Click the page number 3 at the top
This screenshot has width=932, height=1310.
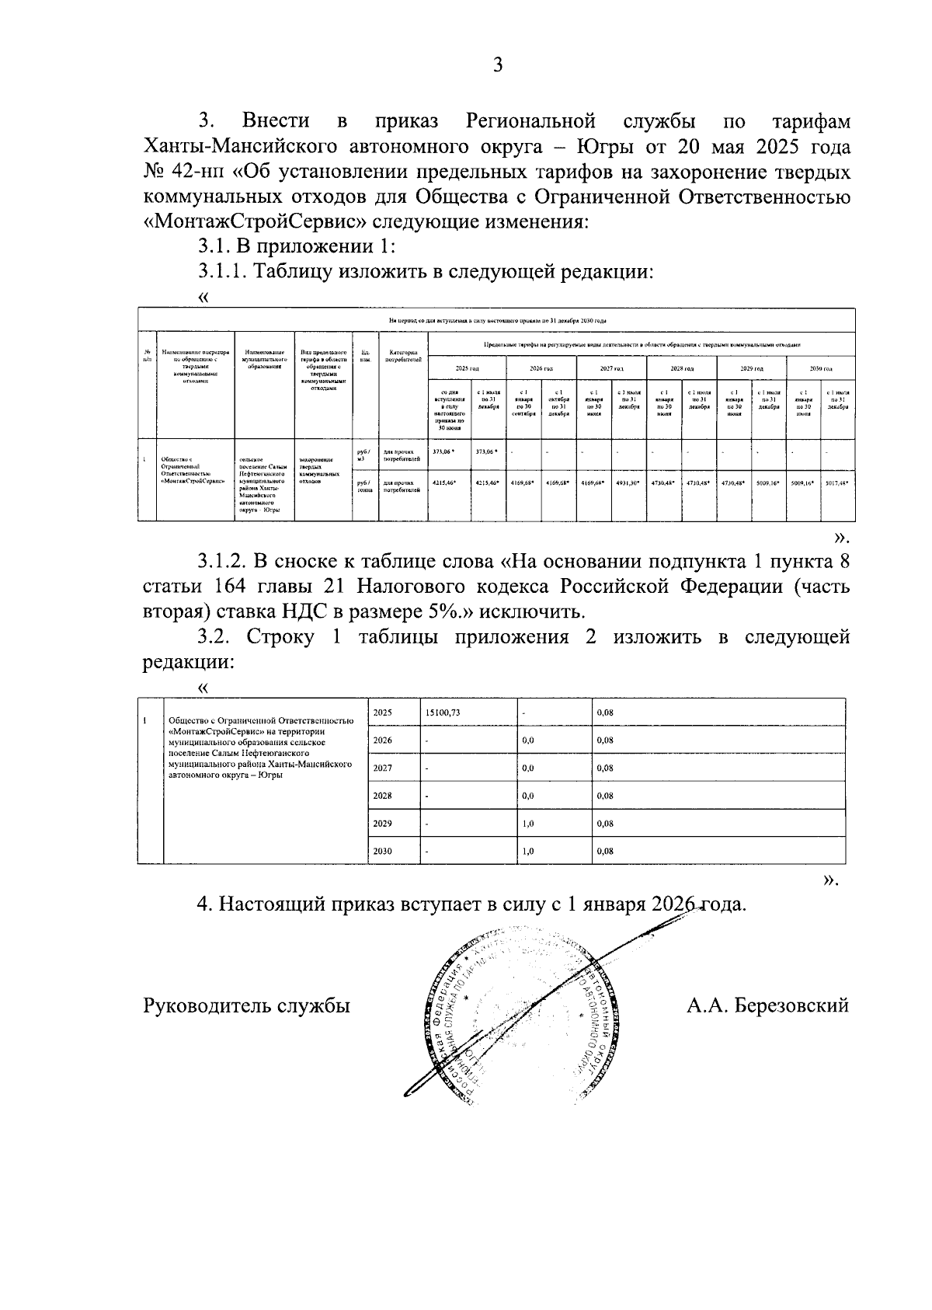pyautogui.click(x=498, y=65)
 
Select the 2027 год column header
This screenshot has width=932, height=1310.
pyautogui.click(x=610, y=368)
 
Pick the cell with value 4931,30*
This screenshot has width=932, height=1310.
pyautogui.click(x=628, y=483)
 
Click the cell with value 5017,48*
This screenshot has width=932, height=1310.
pyautogui.click(x=837, y=483)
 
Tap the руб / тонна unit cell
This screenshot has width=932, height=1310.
pyautogui.click(x=364, y=486)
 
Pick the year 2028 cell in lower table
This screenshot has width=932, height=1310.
pyautogui.click(x=382, y=796)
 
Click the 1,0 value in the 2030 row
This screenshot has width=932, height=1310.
pyautogui.click(x=528, y=851)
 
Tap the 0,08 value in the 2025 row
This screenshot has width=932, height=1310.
pyautogui.click(x=605, y=712)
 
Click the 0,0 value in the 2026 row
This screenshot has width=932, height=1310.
pyautogui.click(x=528, y=740)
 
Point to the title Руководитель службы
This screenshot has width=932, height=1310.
pyautogui.click(x=246, y=1005)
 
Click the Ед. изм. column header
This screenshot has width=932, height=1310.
pyautogui.click(x=364, y=355)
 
